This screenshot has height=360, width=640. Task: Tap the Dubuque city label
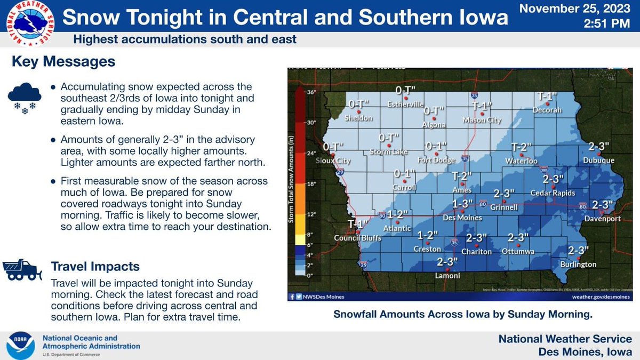pyautogui.click(x=602, y=160)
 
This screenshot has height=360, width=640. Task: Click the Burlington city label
pyautogui.click(x=578, y=264)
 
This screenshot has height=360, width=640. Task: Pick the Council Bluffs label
pyautogui.click(x=357, y=238)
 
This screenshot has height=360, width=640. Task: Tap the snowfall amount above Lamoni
pyautogui.click(x=447, y=262)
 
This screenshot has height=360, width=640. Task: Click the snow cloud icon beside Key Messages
pyautogui.click(x=25, y=97)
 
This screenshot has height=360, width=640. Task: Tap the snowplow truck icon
pyautogui.click(x=23, y=269)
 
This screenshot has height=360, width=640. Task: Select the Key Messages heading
pyautogui.click(x=63, y=62)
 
